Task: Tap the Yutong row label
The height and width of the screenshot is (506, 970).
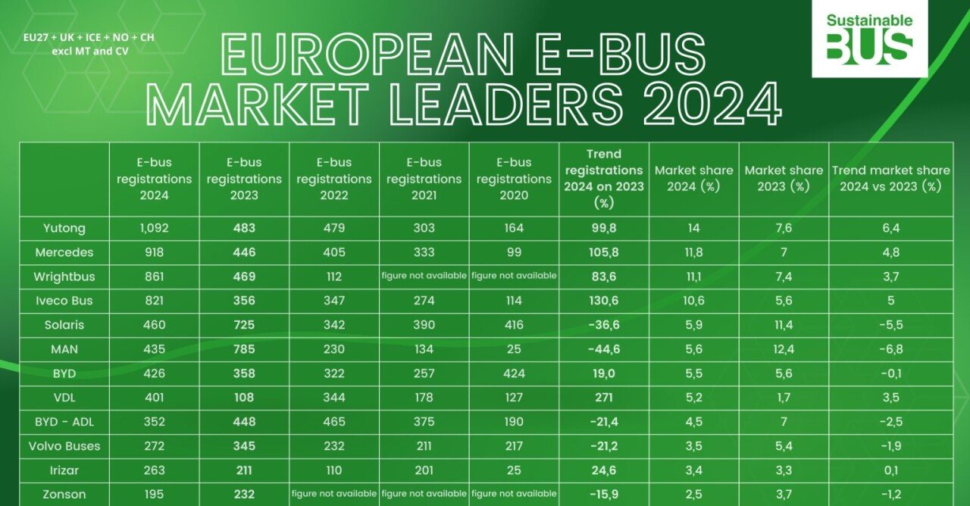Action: coord(64,228)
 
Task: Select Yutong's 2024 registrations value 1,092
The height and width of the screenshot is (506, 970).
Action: coord(154,228)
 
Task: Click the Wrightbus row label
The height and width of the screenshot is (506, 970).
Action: coord(64,276)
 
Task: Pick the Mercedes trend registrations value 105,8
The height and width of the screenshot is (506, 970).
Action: coord(604,252)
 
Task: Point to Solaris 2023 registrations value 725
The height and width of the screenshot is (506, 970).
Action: coord(243,324)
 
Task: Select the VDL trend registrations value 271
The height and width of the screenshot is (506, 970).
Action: coord(604,398)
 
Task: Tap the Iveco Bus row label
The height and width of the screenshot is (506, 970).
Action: coord(64,301)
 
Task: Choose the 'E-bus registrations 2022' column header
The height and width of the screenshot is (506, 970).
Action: coord(333,179)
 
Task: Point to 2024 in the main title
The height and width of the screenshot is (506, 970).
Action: coord(712,104)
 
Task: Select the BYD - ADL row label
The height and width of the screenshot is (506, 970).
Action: coord(64,422)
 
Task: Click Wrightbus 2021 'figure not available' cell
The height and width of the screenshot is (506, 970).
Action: coord(424,276)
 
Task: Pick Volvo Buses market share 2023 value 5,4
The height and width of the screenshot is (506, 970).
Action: coord(784,446)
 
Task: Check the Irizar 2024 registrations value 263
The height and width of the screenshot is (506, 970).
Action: coord(154,470)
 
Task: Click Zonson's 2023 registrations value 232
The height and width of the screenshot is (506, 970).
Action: coord(243,495)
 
